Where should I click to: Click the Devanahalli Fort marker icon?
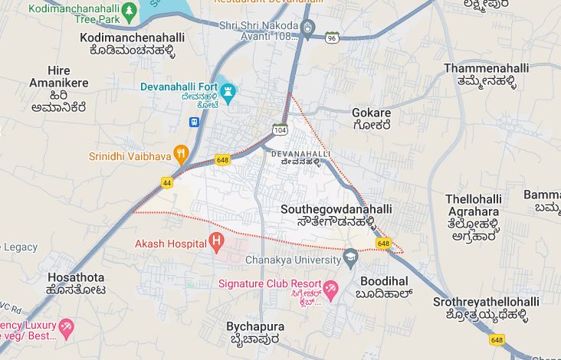click(228, 93)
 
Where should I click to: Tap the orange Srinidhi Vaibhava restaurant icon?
click(181, 153)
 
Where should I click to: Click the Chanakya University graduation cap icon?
click(350, 257)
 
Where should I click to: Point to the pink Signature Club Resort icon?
click(331, 290)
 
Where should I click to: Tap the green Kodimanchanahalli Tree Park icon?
click(130, 11)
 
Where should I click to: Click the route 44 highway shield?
click(167, 182)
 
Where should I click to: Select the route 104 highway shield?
click(280, 131)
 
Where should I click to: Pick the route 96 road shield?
click(331, 37)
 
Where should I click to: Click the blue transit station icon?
click(195, 121)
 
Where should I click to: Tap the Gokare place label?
click(371, 113)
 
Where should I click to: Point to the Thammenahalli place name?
click(486, 68)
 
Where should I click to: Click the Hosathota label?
click(75, 277)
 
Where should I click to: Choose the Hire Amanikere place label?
click(58, 77)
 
